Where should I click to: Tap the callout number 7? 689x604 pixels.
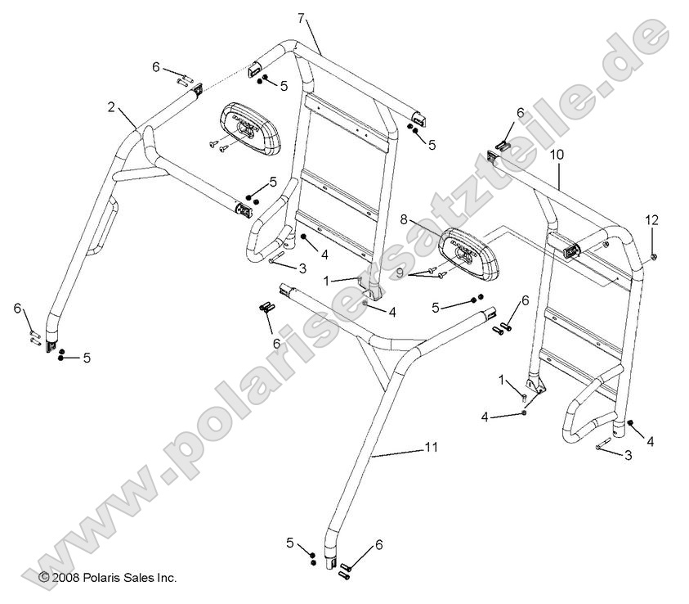[x=301, y=18]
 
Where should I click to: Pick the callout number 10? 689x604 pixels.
[x=557, y=154]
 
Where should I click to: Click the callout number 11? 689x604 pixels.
[x=432, y=447]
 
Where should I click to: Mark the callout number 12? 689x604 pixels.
[x=652, y=220]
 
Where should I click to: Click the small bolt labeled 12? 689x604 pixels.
[x=656, y=258]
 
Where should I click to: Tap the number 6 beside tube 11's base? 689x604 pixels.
[x=378, y=544]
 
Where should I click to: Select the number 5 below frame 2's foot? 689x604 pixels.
[x=87, y=357]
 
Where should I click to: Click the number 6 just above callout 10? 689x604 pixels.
[x=520, y=112]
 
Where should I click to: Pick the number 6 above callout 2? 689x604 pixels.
[x=156, y=68]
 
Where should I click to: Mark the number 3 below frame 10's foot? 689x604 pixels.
[x=627, y=454]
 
